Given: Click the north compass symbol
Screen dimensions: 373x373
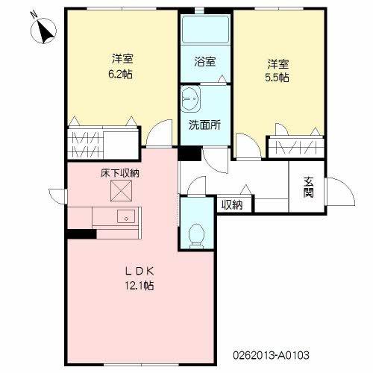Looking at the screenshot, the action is tap(43, 31).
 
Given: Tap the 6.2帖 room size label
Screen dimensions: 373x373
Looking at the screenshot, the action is tap(121, 74).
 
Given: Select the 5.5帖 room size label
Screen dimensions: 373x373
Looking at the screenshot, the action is tap(277, 78).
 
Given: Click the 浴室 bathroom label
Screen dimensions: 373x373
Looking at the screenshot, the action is tap(205, 61).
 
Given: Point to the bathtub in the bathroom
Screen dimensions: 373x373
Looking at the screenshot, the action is tap(205, 30).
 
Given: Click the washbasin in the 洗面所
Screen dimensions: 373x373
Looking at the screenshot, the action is tap(190, 98).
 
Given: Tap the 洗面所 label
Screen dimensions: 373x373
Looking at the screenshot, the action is tap(204, 125).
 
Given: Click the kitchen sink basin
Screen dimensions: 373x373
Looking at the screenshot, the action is tap(126, 216).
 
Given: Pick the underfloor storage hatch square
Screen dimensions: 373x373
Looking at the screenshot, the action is tap(121, 190).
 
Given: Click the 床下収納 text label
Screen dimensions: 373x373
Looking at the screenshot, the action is tap(120, 173).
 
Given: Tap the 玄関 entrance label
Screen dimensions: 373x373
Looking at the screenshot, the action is tap(308, 187).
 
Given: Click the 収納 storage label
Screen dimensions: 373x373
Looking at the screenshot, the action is tap(232, 204).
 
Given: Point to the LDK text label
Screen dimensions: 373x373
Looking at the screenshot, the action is tap(140, 271).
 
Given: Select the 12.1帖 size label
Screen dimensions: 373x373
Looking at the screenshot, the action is tap(140, 286).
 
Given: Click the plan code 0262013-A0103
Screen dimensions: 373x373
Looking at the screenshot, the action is tap(271, 355).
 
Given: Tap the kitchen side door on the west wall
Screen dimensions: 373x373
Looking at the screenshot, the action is tap(57, 197).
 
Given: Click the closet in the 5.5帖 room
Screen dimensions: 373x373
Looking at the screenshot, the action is tap(296, 148).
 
